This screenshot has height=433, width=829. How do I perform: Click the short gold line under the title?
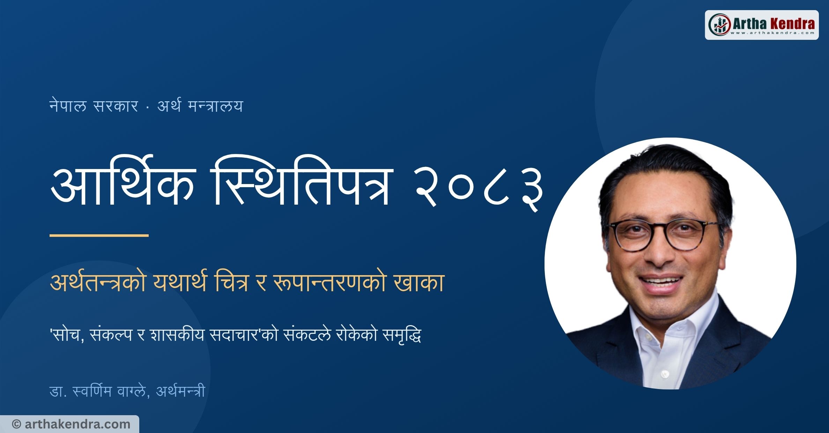99,235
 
